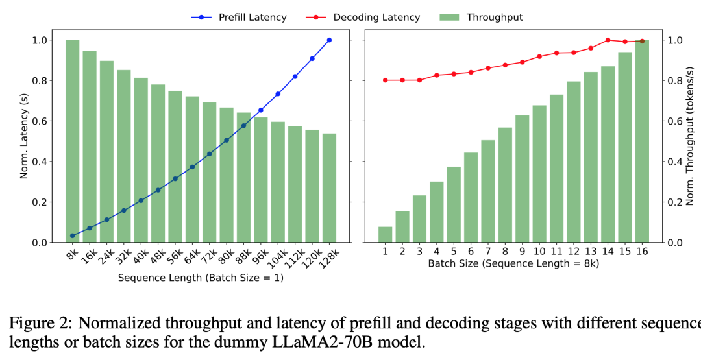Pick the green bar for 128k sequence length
coord(329,188)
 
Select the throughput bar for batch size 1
coord(386,235)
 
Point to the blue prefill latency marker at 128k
coord(329,40)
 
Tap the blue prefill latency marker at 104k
coord(278,94)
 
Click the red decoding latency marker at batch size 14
coord(608,40)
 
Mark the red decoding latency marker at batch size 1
coord(386,80)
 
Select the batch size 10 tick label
coord(539,251)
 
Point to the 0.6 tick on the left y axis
coord(41,121)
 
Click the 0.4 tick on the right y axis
coord(675,162)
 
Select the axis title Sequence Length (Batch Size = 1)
coord(201,278)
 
